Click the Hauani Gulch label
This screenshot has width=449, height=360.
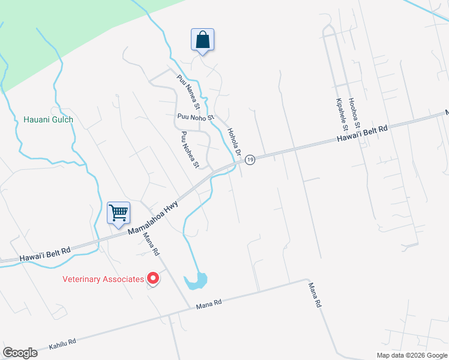48,119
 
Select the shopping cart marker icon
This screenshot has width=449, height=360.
118,212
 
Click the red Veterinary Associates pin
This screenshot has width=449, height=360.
153,278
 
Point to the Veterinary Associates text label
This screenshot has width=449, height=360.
103,279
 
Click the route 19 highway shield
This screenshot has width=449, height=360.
250,159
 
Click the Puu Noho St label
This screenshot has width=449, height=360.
195,117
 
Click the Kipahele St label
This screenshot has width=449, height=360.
342,114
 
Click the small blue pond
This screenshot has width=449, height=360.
196,281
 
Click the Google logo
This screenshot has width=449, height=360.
20,352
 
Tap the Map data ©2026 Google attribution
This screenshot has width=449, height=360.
412,355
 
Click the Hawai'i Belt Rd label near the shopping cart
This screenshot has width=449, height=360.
45,251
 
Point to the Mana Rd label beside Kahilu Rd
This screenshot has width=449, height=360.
209,304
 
